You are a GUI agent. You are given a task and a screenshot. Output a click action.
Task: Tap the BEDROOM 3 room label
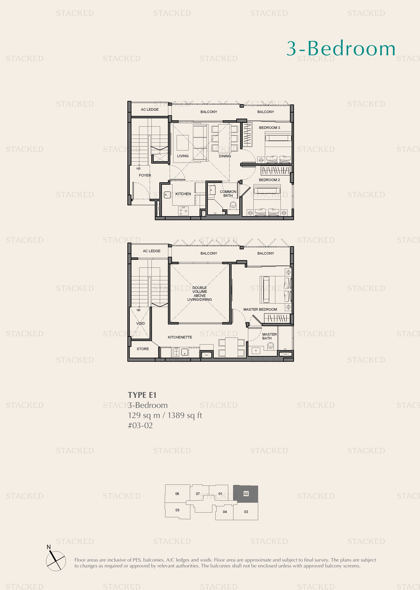tap(269, 128)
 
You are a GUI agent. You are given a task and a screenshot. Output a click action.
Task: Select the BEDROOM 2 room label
tap(269, 180)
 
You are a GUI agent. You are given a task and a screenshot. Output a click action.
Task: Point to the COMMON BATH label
tap(228, 193)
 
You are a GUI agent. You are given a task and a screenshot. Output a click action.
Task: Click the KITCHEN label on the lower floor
tap(183, 194)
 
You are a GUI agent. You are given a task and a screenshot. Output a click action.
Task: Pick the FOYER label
tap(145, 175)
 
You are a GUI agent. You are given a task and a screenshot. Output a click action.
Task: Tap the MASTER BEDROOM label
tap(260, 309)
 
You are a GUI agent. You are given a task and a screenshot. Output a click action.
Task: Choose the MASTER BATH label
tap(269, 336)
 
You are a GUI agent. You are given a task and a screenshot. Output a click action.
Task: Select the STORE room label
tap(143, 349)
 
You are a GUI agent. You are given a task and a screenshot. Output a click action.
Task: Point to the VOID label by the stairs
tap(141, 323)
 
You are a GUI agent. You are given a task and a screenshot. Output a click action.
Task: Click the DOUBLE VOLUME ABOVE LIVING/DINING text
tap(199, 294)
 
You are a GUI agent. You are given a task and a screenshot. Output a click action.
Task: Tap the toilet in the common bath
tap(233, 206)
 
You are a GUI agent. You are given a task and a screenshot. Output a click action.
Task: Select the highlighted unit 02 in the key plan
tap(246, 494)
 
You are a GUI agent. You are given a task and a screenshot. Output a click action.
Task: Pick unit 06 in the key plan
tap(177, 494)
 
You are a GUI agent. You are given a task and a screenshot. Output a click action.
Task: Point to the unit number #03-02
tap(140, 425)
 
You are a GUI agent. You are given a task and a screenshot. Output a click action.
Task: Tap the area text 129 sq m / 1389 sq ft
tap(165, 415)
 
